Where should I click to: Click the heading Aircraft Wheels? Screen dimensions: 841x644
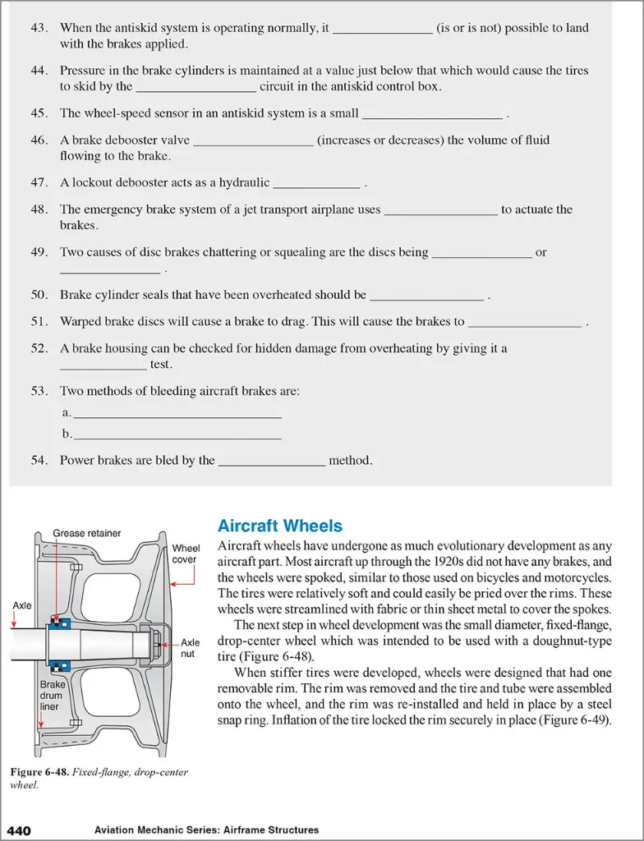(279, 526)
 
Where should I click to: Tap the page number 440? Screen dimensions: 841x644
(19, 830)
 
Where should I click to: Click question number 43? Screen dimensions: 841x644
(39, 28)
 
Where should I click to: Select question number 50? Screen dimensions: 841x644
(39, 295)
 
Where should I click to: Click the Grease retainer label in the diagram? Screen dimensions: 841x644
(86, 533)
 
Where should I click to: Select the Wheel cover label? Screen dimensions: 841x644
(186, 554)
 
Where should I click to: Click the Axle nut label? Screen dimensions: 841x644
(190, 649)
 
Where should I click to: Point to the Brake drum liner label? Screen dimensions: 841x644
(51, 695)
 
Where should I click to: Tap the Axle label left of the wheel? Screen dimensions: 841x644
(22, 605)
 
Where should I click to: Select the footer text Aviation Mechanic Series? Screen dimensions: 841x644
(162, 830)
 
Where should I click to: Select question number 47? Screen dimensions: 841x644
(39, 183)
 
